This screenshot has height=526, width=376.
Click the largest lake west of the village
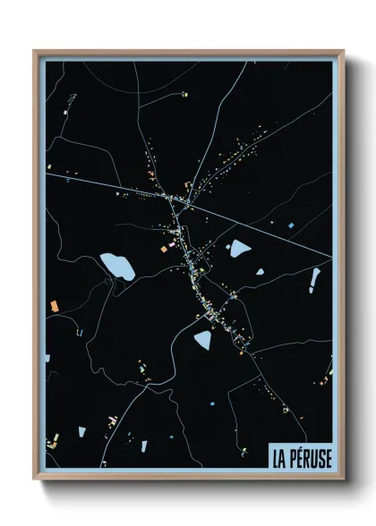(116, 265)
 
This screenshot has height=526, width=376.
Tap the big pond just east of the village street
(240, 248)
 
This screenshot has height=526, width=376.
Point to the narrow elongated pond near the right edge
(314, 280)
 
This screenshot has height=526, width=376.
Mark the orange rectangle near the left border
(55, 306)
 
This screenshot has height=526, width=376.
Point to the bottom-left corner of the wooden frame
(35, 479)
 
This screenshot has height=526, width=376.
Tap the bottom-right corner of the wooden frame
(343, 479)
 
